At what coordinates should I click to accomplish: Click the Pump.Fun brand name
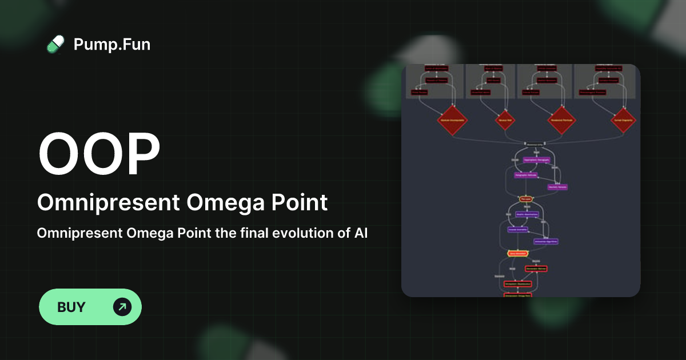(x=112, y=44)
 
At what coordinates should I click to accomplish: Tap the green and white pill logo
(x=55, y=44)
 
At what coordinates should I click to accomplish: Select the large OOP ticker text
(x=99, y=155)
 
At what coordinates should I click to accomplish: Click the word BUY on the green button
(x=71, y=307)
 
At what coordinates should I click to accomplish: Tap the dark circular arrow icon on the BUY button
(x=122, y=307)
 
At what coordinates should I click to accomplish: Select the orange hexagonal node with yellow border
(x=517, y=253)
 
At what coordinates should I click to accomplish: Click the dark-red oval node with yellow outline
(x=525, y=199)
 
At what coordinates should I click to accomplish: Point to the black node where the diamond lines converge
(x=535, y=143)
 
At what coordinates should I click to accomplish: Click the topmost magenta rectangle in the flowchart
(x=536, y=161)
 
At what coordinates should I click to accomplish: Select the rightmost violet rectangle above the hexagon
(x=545, y=241)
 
